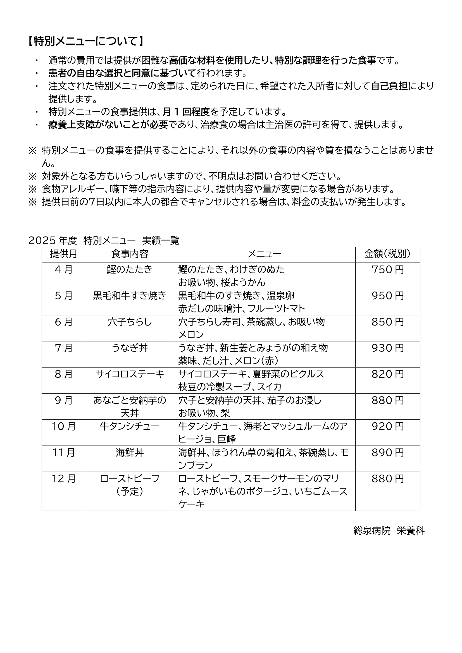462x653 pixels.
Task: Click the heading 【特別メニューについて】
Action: pyautogui.click(x=85, y=42)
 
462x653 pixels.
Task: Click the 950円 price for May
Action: pyautogui.click(x=387, y=296)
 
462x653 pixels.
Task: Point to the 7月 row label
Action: pyautogui.click(x=64, y=348)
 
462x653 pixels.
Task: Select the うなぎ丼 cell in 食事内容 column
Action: pyautogui.click(x=130, y=348)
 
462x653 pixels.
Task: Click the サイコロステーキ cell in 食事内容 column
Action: pyautogui.click(x=130, y=374)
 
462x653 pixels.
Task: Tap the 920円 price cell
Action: pyautogui.click(x=387, y=427)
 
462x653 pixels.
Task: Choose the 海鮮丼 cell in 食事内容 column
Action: pyautogui.click(x=130, y=453)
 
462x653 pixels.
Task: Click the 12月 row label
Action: pyautogui.click(x=64, y=479)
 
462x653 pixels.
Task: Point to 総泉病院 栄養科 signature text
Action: pyautogui.click(x=389, y=531)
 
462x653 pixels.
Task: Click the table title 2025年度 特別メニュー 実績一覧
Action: pyautogui.click(x=104, y=241)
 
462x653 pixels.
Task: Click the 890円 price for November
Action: pyautogui.click(x=387, y=453)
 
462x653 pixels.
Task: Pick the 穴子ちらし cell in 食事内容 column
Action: pyautogui.click(x=130, y=322)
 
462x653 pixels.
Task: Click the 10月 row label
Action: pyautogui.click(x=64, y=427)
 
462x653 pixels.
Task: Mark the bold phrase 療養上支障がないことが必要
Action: pyautogui.click(x=108, y=125)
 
